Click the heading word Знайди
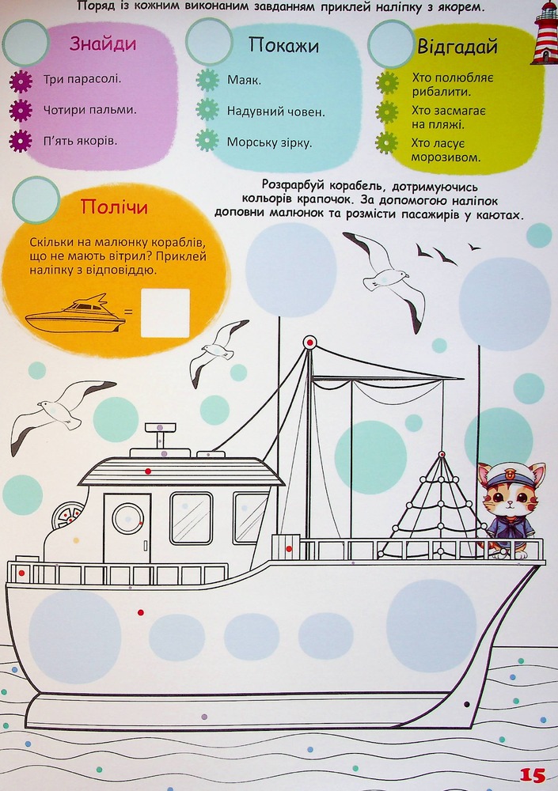pyautogui.click(x=103, y=44)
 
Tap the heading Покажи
pyautogui.click(x=284, y=46)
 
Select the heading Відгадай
pyautogui.click(x=457, y=47)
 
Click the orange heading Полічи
pyautogui.click(x=114, y=206)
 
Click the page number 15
pyautogui.click(x=532, y=775)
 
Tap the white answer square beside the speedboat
pyautogui.click(x=165, y=312)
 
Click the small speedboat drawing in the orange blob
pyautogui.click(x=75, y=314)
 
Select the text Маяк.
pyautogui.click(x=244, y=80)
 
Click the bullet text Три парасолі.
pyautogui.click(x=82, y=79)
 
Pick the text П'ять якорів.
pyautogui.click(x=80, y=141)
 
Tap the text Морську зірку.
pyautogui.click(x=269, y=142)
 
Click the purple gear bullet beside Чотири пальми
pyautogui.click(x=21, y=111)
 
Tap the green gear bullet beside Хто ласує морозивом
pyautogui.click(x=387, y=142)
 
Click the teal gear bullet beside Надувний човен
pyautogui.click(x=207, y=111)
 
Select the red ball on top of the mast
pyautogui.click(x=309, y=343)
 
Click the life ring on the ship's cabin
pyautogui.click(x=67, y=515)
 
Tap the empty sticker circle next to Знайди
pyautogui.click(x=26, y=44)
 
